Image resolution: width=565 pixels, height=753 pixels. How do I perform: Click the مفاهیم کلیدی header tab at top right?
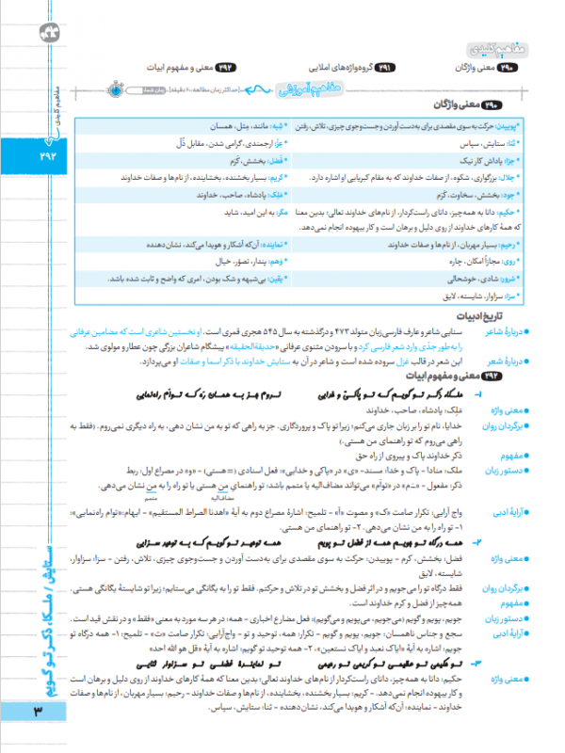[492, 47]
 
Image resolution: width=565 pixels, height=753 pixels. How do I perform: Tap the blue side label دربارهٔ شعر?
[507, 360]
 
